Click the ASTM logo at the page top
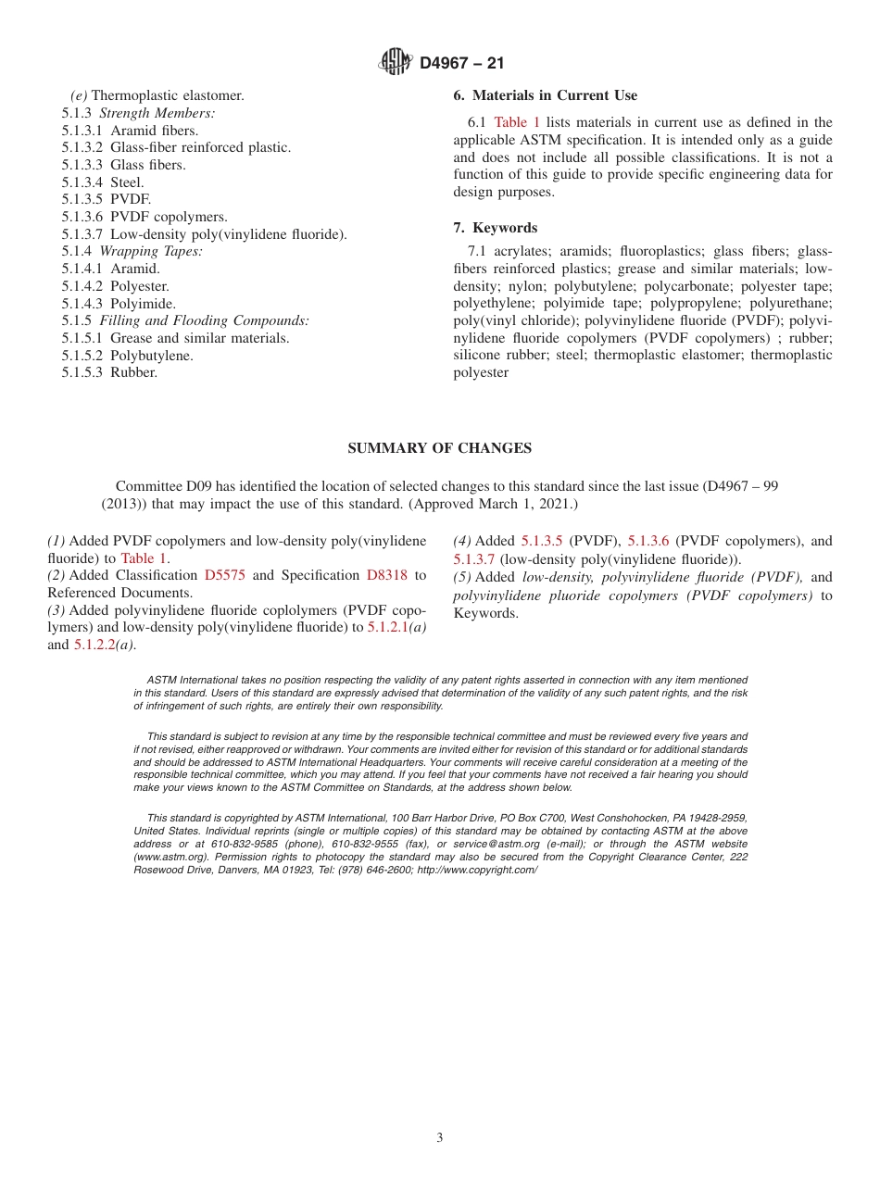click(396, 62)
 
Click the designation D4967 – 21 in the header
click(461, 63)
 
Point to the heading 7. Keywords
click(495, 228)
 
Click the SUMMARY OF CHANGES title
click(439, 448)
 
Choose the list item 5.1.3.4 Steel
click(103, 182)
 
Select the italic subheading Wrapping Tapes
click(151, 251)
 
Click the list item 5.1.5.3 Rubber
click(109, 372)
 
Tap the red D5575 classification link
click(224, 575)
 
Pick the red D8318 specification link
click(386, 575)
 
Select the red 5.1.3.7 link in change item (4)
click(474, 558)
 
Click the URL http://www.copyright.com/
click(477, 870)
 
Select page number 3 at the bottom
click(440, 1138)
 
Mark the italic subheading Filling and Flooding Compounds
click(204, 320)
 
